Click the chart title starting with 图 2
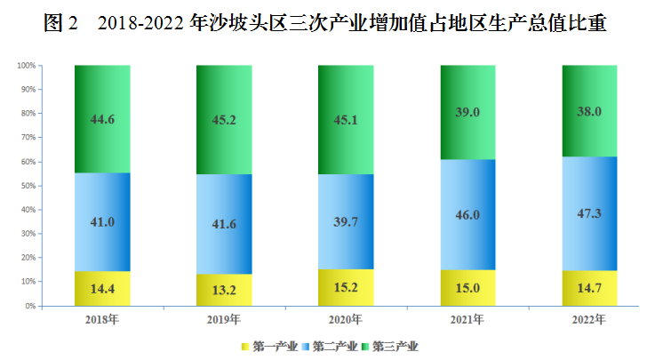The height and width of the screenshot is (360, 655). tap(326, 24)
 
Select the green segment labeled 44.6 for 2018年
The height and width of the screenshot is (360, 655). tap(102, 119)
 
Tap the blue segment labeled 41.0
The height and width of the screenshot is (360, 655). tap(102, 221)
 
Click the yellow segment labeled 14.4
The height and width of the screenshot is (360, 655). tap(102, 288)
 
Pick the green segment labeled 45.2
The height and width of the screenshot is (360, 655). tap(224, 119)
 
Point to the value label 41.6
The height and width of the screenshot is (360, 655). tap(224, 224)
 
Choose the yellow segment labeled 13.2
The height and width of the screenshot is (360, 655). tap(224, 290)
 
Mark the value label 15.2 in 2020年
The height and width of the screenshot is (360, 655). tap(346, 287)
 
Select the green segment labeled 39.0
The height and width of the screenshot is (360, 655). tap(467, 112)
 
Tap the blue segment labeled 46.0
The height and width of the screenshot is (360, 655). tap(467, 214)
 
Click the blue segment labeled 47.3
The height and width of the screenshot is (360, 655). tap(589, 213)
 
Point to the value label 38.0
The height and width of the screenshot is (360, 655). tap(589, 111)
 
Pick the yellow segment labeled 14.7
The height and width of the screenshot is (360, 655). tap(589, 288)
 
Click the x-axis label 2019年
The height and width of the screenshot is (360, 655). tap(224, 319)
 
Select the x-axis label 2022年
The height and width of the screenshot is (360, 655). tap(589, 319)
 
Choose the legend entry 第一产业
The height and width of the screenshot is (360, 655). tap(269, 346)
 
